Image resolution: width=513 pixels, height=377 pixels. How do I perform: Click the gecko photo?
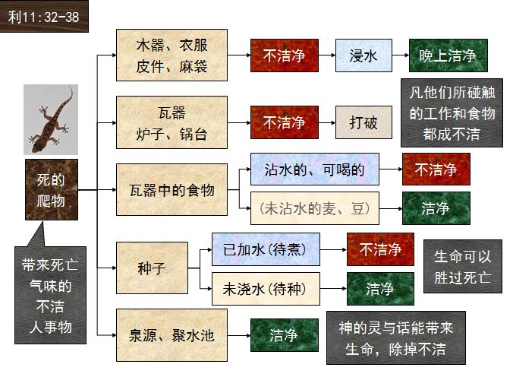coord(51,119)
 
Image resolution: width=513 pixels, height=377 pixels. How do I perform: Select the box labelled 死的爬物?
coord(51,190)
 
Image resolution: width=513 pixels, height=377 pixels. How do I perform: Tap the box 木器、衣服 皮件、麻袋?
coord(172,55)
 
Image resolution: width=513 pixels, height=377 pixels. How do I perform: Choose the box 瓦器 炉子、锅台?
coord(172,122)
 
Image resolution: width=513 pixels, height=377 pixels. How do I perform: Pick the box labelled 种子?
coord(152,268)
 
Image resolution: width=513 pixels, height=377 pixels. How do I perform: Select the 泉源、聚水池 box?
coord(172,335)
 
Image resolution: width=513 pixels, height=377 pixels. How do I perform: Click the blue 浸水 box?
coord(364,55)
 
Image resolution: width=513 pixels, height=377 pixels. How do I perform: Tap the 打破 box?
coord(364,122)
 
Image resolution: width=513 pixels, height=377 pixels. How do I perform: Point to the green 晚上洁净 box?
coord(448,55)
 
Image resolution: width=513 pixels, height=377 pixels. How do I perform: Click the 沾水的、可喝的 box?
coord(314,169)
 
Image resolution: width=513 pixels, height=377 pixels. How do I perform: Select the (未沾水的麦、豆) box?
coord(314,208)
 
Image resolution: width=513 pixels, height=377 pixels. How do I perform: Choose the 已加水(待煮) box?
coord(266,249)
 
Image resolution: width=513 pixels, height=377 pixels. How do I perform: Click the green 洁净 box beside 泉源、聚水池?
coord(284,335)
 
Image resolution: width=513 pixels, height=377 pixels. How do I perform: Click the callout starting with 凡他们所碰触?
coord(451,114)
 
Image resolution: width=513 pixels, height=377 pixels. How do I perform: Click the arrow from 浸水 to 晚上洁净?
coord(400,55)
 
